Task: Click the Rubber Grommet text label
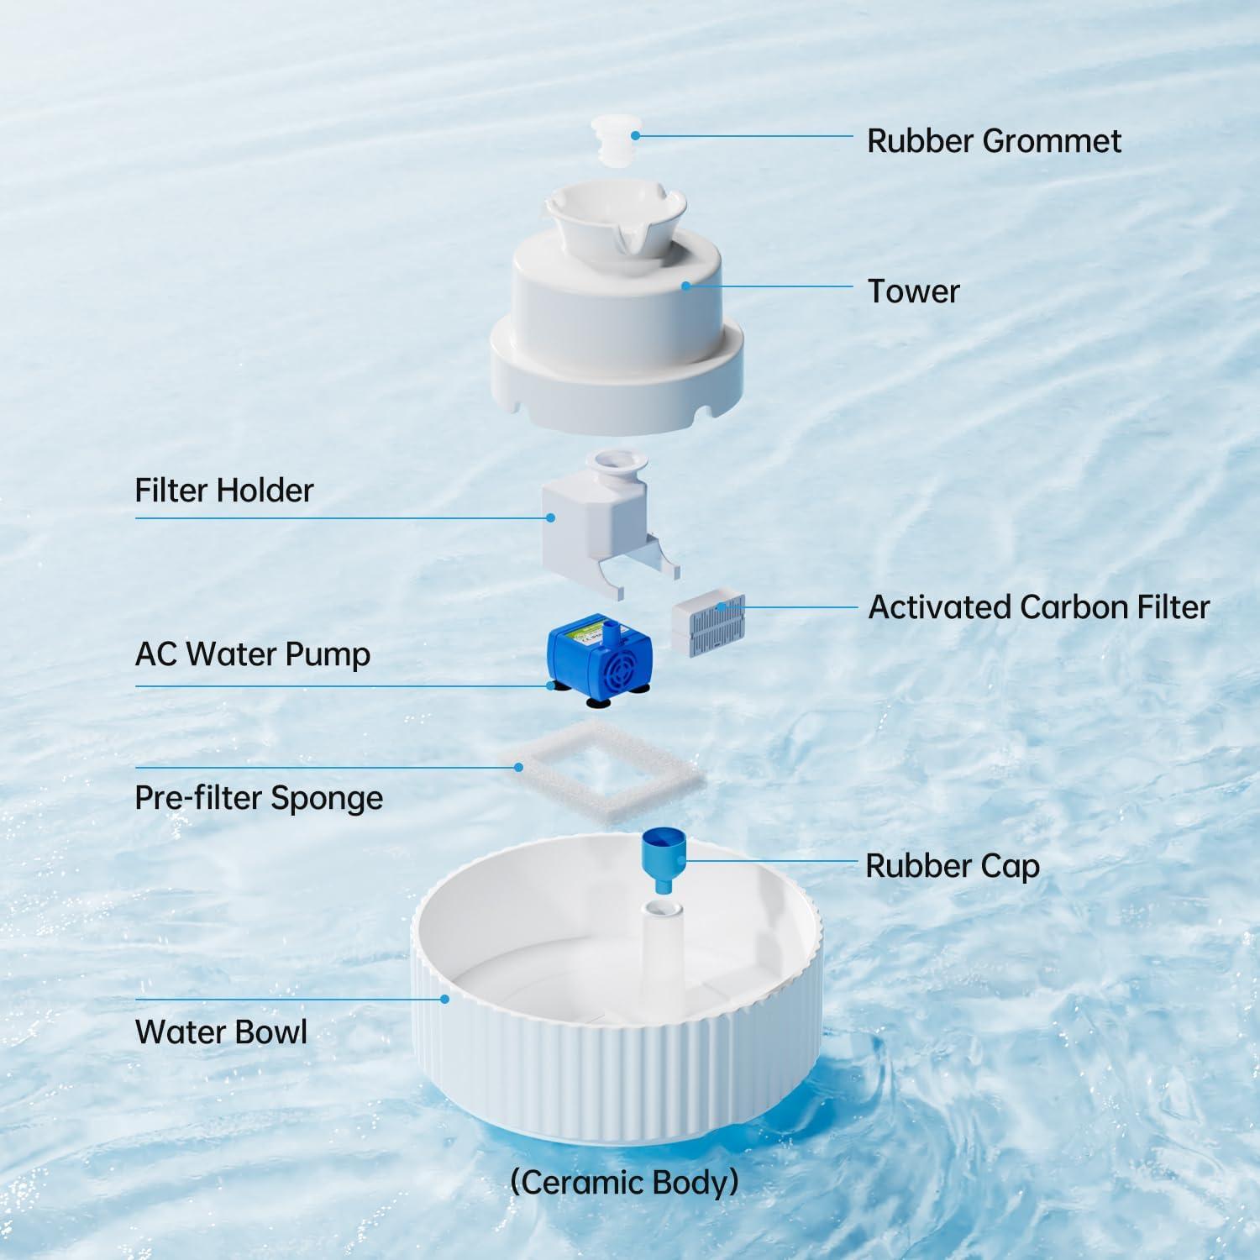coord(993,141)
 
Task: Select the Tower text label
coord(913,291)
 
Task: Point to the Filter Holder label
coord(223,491)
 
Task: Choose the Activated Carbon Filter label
coord(1038,607)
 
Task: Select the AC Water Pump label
coord(252,654)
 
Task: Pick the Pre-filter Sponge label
coord(259,798)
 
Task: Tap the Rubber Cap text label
coord(953,866)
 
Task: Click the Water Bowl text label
coord(221,1032)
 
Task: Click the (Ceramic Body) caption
coord(624,1182)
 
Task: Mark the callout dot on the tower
coord(686,286)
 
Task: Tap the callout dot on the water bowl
coord(445,999)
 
